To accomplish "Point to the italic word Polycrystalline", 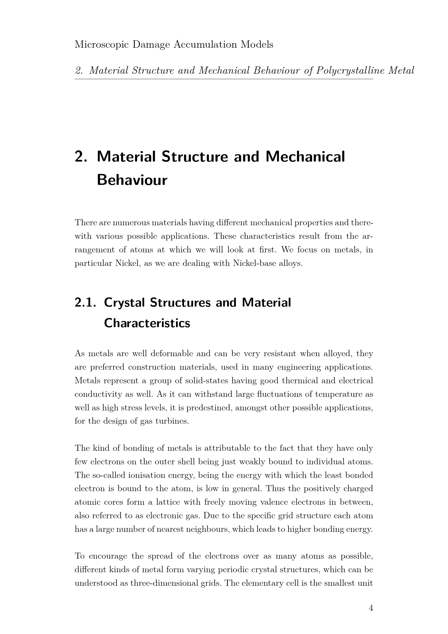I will [350, 71].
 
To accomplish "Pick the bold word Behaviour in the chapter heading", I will [132, 180].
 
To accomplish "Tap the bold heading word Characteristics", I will [147, 323].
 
